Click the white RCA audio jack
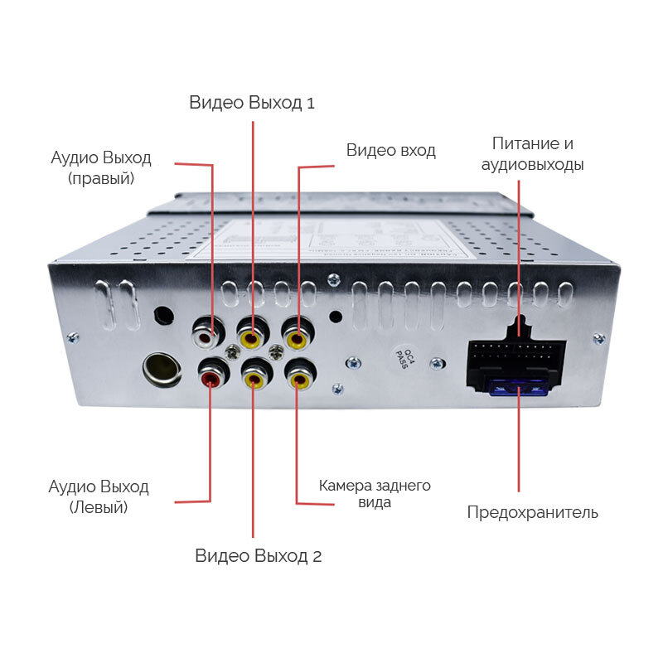click(x=205, y=336)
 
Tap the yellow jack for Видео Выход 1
click(x=250, y=336)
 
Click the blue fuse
click(x=518, y=387)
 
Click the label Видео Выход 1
click(x=252, y=103)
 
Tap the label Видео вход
click(x=390, y=150)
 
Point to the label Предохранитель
click(x=532, y=512)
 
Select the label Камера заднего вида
click(x=375, y=493)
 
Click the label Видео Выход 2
click(x=258, y=556)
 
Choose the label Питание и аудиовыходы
click(x=533, y=154)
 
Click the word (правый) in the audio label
click(x=102, y=178)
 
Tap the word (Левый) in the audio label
click(x=99, y=507)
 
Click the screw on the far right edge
click(x=598, y=337)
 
